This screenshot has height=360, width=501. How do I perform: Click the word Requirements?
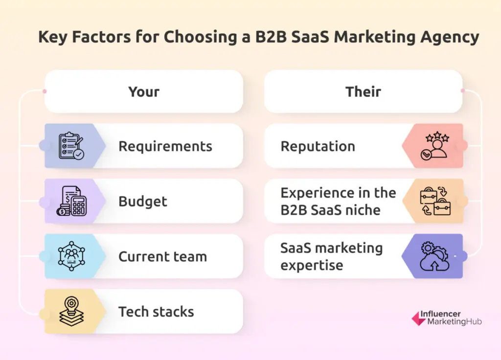click(x=165, y=147)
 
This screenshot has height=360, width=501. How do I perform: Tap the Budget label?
click(x=143, y=202)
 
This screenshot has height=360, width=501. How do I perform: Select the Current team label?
click(x=162, y=256)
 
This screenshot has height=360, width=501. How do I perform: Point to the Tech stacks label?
click(x=156, y=312)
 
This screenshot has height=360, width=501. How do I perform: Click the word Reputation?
click(x=318, y=147)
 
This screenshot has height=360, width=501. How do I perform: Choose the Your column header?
click(x=144, y=91)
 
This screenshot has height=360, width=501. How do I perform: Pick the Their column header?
click(x=364, y=91)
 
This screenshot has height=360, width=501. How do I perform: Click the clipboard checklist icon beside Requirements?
click(x=71, y=146)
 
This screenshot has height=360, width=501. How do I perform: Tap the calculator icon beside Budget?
click(x=71, y=201)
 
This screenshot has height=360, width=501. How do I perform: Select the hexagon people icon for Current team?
click(x=71, y=256)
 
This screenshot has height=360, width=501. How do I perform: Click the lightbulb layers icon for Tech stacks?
click(x=71, y=311)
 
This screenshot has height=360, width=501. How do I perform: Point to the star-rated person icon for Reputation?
click(x=435, y=146)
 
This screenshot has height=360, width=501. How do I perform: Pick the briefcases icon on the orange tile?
click(x=435, y=201)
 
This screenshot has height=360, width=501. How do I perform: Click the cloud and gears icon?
click(x=435, y=256)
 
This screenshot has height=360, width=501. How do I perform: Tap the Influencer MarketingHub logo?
click(x=447, y=318)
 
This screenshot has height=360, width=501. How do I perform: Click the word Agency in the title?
click(x=450, y=37)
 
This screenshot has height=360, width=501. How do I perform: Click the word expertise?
click(x=312, y=266)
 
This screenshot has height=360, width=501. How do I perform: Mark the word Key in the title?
click(x=53, y=37)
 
